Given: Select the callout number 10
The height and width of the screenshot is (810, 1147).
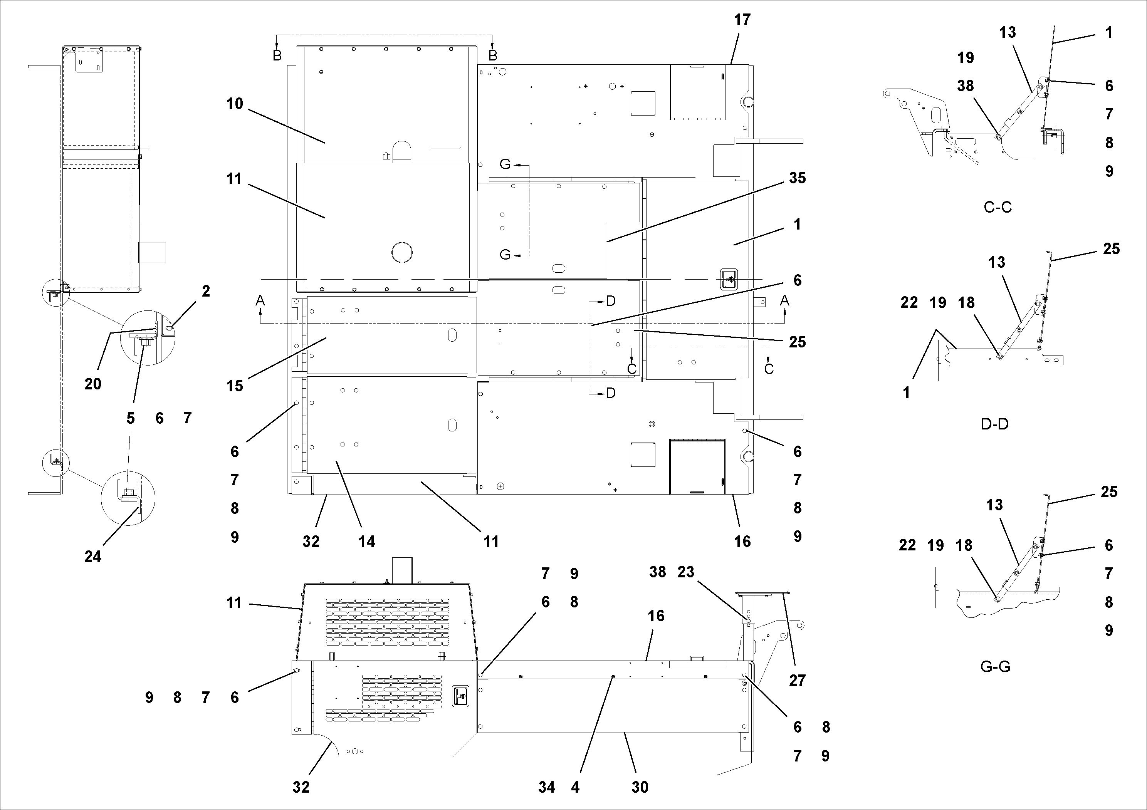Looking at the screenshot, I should coord(234,104).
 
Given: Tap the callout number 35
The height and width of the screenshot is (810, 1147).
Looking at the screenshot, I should coord(797,178).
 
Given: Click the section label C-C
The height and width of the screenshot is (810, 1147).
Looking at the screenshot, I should coord(997,207).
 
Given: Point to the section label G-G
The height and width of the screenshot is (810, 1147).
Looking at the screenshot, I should coord(995,667).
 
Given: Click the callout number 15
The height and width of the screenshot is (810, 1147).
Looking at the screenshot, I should coord(234,386).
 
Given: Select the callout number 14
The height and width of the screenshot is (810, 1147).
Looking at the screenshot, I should coord(367,541).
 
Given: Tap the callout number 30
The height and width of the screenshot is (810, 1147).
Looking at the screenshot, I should coord(640,788).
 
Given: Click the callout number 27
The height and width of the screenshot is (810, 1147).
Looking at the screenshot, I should coord(797,680).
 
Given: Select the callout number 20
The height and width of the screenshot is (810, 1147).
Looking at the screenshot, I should coord(93,384).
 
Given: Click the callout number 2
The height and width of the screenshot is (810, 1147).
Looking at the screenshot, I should coord(206,291).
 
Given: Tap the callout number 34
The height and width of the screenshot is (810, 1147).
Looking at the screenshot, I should coord(546,788).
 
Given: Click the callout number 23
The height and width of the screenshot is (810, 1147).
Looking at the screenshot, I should coord(686,572).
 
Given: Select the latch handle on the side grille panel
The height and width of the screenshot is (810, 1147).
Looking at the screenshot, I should coord(460,696).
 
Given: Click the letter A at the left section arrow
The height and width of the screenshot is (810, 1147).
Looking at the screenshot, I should coord(260,301).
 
